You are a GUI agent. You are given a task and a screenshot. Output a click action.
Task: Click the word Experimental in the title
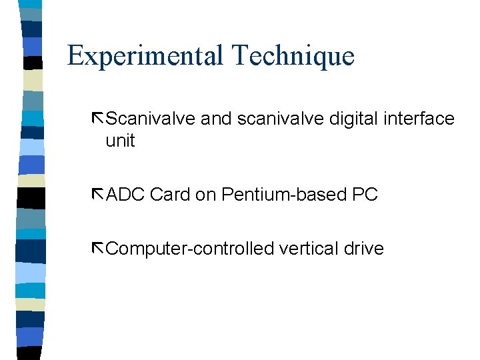pos(146,55)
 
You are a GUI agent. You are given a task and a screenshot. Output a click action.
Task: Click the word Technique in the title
pos(293,55)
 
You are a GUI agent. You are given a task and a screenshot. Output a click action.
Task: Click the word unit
pos(120,141)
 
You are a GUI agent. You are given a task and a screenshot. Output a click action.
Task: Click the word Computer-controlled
pos(190,249)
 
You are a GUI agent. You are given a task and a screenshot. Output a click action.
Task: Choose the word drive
pos(364,249)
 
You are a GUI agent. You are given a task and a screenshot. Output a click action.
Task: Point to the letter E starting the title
pos(75,55)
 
